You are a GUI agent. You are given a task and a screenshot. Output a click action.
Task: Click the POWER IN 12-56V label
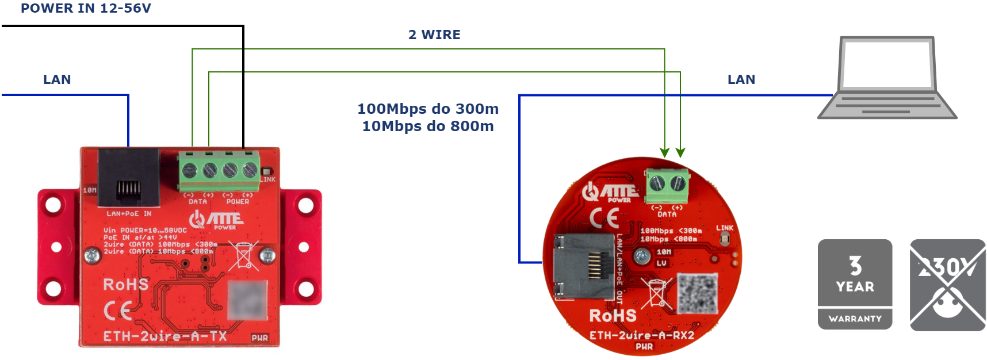point(86,8)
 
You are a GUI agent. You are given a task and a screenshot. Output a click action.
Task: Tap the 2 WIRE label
point(434,35)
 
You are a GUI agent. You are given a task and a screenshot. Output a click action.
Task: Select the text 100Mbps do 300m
point(428,109)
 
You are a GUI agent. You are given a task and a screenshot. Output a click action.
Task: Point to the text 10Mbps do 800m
point(428,126)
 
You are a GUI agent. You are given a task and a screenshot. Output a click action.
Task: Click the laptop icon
point(887,78)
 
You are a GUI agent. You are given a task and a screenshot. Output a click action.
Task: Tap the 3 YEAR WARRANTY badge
point(855,284)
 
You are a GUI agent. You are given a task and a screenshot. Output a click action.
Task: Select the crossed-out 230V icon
point(947,285)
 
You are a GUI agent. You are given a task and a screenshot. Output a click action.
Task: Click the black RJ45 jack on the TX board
point(129,177)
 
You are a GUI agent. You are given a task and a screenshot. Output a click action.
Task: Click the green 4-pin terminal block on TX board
point(219,171)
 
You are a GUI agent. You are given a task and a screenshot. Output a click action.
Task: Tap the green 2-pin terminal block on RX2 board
point(667,185)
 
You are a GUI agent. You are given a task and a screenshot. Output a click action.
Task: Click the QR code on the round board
point(698,293)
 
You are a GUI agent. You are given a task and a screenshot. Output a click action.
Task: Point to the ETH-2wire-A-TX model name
point(165,336)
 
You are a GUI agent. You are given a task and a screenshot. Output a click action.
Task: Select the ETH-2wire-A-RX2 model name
point(642,335)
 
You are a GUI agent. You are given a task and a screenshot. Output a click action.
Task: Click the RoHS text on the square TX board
point(125,284)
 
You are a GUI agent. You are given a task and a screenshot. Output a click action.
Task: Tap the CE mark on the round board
point(605,218)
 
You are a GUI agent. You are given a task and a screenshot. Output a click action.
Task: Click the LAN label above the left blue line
point(57,79)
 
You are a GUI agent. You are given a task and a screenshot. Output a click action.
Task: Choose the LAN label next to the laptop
point(741,79)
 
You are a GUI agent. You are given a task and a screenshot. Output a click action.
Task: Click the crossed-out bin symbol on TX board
point(243,255)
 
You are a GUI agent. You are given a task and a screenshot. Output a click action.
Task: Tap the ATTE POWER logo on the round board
point(610,192)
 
